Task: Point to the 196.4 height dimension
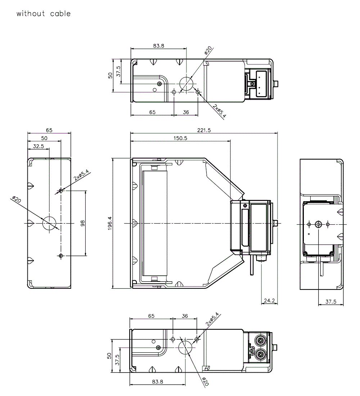(x=110, y=224)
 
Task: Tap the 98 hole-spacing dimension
(x=82, y=224)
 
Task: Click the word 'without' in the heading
(x=31, y=14)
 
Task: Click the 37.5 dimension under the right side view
(x=331, y=302)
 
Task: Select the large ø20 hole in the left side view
(x=49, y=224)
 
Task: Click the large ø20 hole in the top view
(x=186, y=84)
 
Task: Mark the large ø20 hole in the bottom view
(x=186, y=347)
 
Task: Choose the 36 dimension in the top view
(x=186, y=112)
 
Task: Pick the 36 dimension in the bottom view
(x=185, y=316)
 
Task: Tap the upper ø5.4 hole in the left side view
(x=61, y=190)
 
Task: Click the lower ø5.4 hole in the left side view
(x=60, y=256)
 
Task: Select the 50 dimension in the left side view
(x=44, y=138)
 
